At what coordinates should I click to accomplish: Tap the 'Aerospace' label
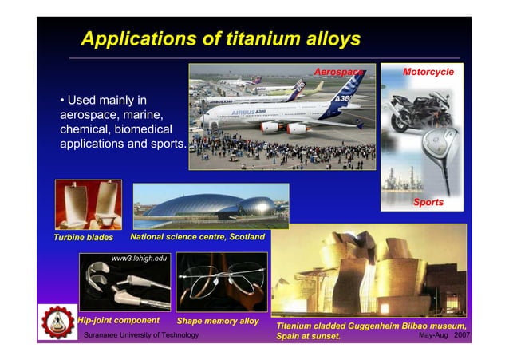coord(337,73)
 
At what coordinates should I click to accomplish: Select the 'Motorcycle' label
coord(428,73)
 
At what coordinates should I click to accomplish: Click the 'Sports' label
coord(428,203)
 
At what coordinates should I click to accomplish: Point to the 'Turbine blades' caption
coord(83,238)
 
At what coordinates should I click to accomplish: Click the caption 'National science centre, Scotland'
coord(197,237)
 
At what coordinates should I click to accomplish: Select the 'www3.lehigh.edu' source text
coord(140,259)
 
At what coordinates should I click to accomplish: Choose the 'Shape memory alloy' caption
coord(218,321)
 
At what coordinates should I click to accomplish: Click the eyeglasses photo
coord(218,283)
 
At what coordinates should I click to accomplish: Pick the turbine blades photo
coord(88,204)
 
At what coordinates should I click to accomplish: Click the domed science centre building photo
coord(199,206)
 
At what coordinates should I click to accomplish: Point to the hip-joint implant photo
coord(124,283)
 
